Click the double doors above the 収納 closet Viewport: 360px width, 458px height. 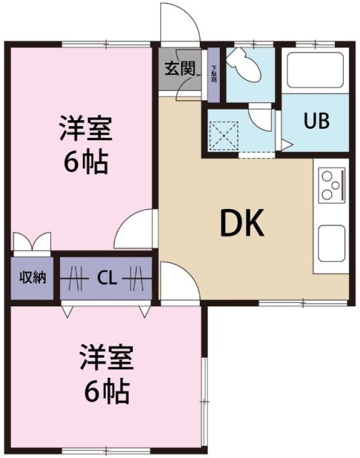click(x=31, y=242)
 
